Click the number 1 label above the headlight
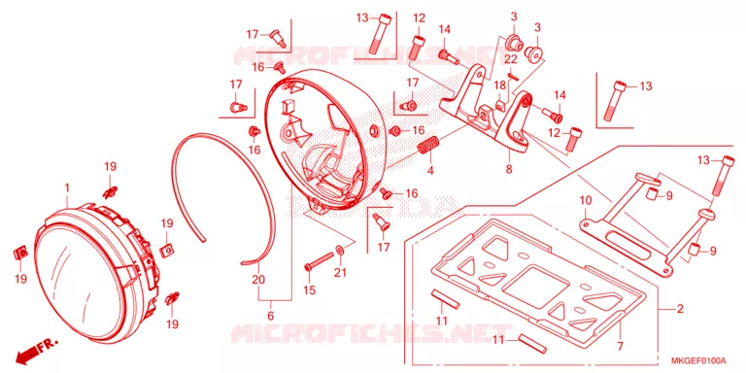click(x=67, y=187)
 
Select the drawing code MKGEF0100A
click(x=699, y=359)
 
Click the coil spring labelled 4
click(x=428, y=145)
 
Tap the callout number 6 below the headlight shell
click(x=271, y=315)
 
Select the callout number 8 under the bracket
click(x=509, y=169)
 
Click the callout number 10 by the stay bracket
click(x=585, y=200)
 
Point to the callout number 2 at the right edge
click(x=680, y=309)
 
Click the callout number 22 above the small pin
click(x=511, y=59)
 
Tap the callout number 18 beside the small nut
click(x=499, y=85)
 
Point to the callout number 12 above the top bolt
click(x=419, y=18)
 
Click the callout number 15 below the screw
click(x=309, y=289)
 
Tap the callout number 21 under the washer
click(x=341, y=273)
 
